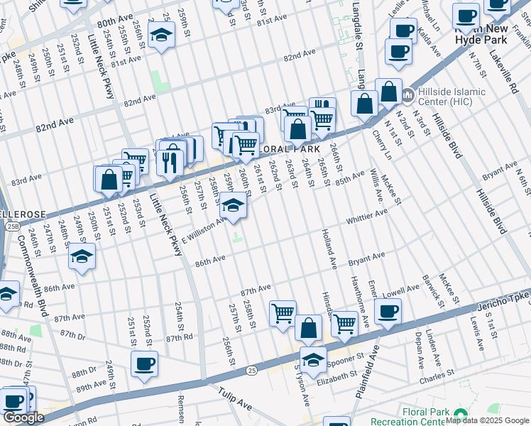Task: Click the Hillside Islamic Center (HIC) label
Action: click(450, 97)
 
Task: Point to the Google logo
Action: click(23, 417)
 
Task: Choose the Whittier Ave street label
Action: click(366, 216)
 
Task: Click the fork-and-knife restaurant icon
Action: click(170, 162)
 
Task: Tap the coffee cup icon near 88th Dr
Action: click(144, 364)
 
